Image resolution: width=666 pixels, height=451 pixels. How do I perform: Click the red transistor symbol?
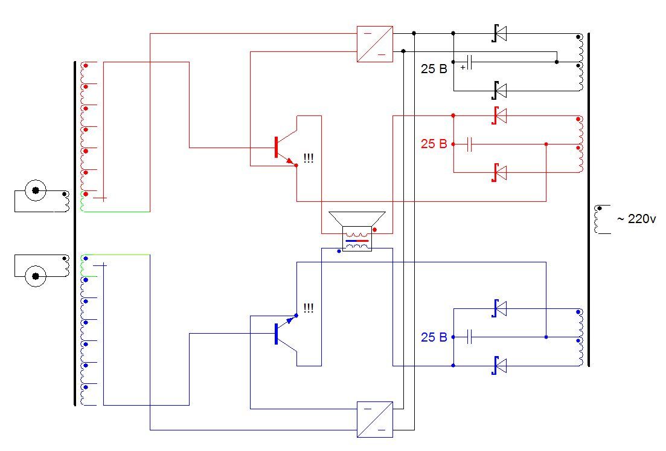pyautogui.click(x=286, y=148)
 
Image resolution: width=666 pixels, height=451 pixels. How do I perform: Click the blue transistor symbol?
pyautogui.click(x=286, y=333)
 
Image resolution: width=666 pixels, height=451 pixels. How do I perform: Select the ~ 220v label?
pyautogui.click(x=636, y=219)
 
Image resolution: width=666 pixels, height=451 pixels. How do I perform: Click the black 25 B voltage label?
pyautogui.click(x=434, y=69)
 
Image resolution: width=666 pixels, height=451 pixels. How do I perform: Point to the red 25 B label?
pyautogui.click(x=434, y=144)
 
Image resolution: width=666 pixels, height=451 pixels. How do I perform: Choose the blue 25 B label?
pyautogui.click(x=434, y=337)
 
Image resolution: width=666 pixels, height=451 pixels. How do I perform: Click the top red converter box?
pyautogui.click(x=374, y=44)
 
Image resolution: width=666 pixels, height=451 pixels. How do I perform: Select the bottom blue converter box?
pyautogui.click(x=374, y=420)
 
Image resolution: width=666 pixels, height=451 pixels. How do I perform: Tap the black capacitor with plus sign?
pyautogui.click(x=467, y=62)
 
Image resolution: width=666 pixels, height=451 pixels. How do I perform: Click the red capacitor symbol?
pyautogui.click(x=469, y=144)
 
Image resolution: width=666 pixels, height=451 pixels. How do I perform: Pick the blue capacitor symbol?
pyautogui.click(x=469, y=337)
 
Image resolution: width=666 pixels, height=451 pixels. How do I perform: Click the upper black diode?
pyautogui.click(x=499, y=33)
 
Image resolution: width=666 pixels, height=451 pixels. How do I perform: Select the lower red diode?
pyautogui.click(x=499, y=172)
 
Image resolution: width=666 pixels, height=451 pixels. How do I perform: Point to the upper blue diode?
pyautogui.click(x=499, y=308)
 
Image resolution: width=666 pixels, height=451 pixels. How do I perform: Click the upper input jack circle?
pyautogui.click(x=36, y=190)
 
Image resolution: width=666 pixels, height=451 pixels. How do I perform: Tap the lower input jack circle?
pyautogui.click(x=36, y=276)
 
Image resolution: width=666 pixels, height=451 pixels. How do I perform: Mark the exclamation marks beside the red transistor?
pyautogui.click(x=309, y=158)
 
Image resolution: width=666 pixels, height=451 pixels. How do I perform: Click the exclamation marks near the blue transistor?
pyautogui.click(x=309, y=308)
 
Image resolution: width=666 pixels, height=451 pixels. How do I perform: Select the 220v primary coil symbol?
pyautogui.click(x=600, y=219)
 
